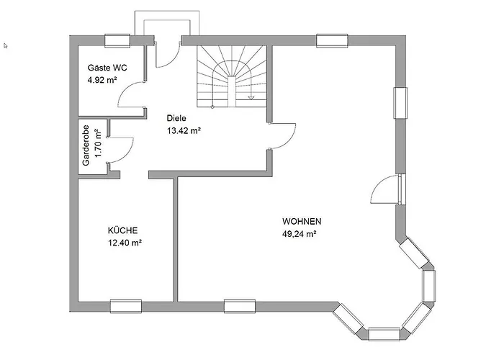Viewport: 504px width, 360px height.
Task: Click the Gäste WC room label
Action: (x=107, y=68)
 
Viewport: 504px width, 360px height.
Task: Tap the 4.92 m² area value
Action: (x=102, y=80)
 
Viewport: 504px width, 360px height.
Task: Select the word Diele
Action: (x=176, y=118)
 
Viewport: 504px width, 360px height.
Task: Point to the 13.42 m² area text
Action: (x=184, y=130)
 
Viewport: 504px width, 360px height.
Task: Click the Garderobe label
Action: (x=86, y=145)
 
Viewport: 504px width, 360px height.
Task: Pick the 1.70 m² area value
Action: (x=98, y=143)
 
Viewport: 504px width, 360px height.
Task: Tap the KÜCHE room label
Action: (x=123, y=230)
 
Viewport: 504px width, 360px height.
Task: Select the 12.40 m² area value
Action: (x=125, y=243)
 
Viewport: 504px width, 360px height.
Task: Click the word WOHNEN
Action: (x=302, y=222)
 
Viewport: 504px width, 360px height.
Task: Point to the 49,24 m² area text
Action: (x=300, y=234)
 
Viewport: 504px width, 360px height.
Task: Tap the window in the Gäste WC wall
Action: (x=117, y=41)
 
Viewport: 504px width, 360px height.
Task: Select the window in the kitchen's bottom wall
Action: (x=126, y=306)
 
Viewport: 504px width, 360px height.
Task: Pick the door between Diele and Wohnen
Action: (x=282, y=135)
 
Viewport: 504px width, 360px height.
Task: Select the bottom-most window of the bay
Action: (x=384, y=334)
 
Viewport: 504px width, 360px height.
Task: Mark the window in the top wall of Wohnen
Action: (x=332, y=41)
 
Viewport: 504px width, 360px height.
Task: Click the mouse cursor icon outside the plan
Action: (x=5, y=45)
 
